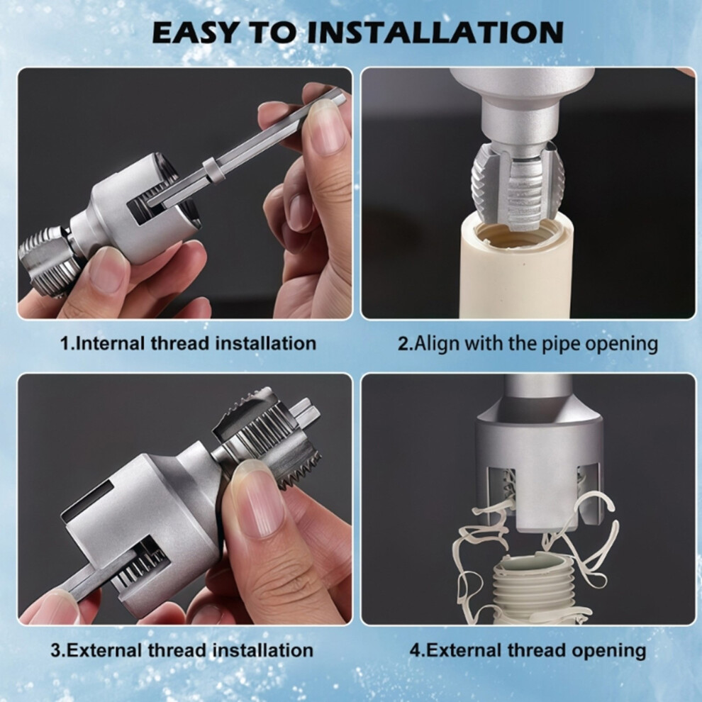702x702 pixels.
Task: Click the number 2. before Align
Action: (405, 344)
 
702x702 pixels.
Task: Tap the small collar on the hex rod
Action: (213, 168)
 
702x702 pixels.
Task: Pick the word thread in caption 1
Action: (180, 343)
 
